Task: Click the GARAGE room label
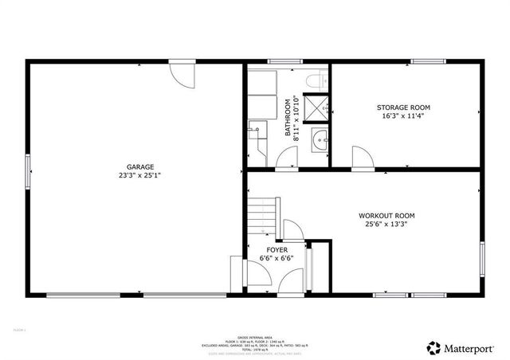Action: [135, 166]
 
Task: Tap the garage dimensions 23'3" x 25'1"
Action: [135, 175]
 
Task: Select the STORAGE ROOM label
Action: [403, 107]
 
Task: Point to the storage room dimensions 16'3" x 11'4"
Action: [403, 115]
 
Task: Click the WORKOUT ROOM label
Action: [386, 215]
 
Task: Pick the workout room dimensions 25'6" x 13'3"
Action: [386, 224]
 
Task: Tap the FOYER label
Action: [277, 249]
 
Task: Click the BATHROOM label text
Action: [288, 119]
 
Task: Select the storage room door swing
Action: [362, 158]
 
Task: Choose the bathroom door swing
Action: [284, 158]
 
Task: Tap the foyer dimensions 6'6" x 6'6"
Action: [277, 258]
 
